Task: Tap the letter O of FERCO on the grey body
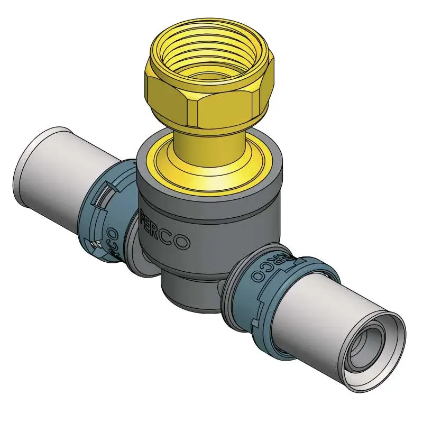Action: [x=183, y=242]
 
